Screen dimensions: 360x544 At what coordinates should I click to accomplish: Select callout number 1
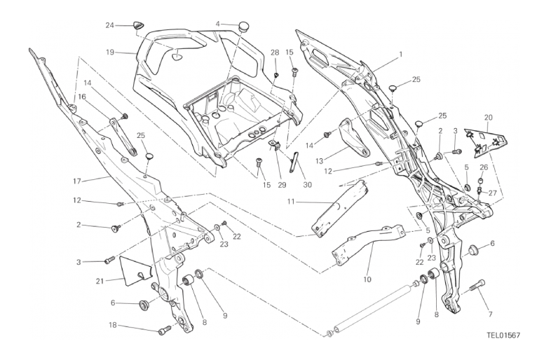[x=401, y=54]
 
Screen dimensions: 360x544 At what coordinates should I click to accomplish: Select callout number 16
[x=82, y=97]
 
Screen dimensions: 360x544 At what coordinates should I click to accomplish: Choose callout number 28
[x=275, y=53]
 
